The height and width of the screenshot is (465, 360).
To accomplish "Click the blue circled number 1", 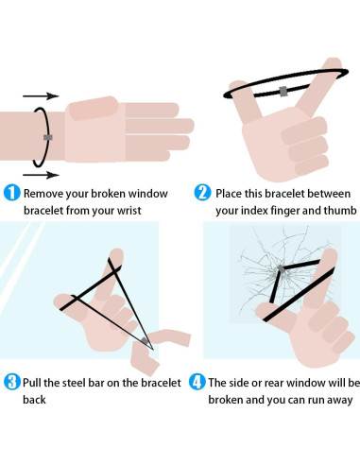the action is (11, 193).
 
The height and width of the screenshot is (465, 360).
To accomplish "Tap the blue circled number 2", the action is (202, 193).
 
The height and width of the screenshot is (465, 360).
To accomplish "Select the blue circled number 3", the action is (12, 382).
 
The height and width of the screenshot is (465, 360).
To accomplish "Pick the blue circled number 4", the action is (197, 382).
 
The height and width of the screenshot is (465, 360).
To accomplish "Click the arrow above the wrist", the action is (41, 95).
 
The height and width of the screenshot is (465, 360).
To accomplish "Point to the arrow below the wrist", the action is (41, 175).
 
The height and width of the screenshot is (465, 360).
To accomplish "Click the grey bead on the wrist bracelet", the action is (48, 137).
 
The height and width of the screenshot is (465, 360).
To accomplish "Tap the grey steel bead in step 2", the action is (283, 92).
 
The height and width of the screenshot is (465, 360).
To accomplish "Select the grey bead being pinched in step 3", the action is (145, 340).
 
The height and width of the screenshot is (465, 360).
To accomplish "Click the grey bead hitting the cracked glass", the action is (281, 269).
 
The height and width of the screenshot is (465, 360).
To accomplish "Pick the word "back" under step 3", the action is (34, 400).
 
